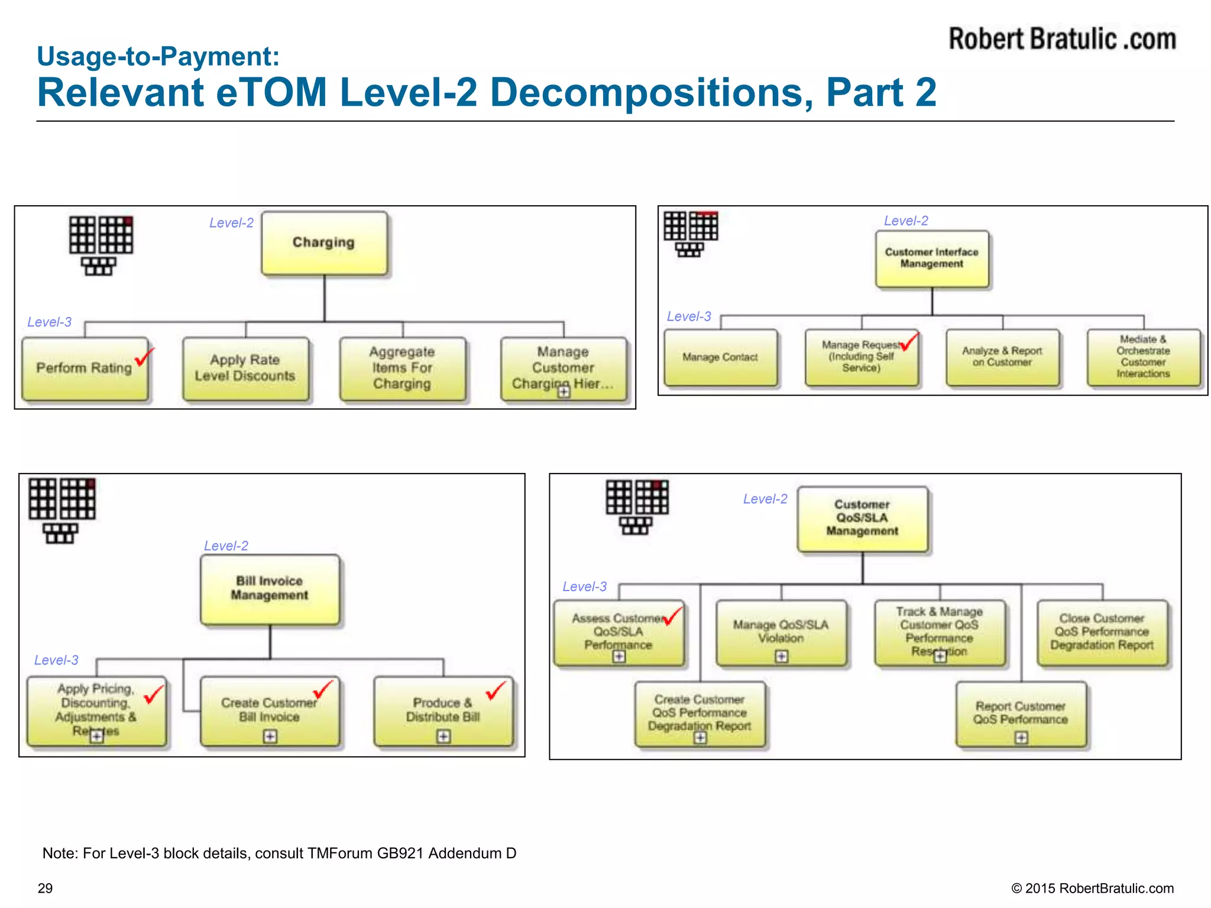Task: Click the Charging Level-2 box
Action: point(324,243)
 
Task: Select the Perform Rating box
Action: point(85,368)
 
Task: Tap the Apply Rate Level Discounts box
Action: point(245,368)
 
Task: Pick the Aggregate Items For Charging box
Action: point(402,368)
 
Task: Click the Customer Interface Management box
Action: point(931,258)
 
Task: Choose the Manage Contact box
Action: point(720,357)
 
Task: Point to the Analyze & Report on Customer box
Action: point(1002,357)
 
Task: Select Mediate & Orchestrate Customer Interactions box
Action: point(1143,357)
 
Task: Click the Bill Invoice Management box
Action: point(270,589)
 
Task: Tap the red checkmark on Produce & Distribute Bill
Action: point(496,690)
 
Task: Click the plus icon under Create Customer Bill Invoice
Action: point(270,736)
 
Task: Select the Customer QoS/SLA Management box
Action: point(862,518)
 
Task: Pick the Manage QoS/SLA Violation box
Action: point(781,631)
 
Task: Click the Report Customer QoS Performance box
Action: point(1021,713)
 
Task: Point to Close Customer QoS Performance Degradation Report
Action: point(1102,631)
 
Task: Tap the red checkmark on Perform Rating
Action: point(144,357)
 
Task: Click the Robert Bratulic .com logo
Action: point(1062,39)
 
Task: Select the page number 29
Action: point(46,888)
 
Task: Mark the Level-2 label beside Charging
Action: point(231,223)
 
